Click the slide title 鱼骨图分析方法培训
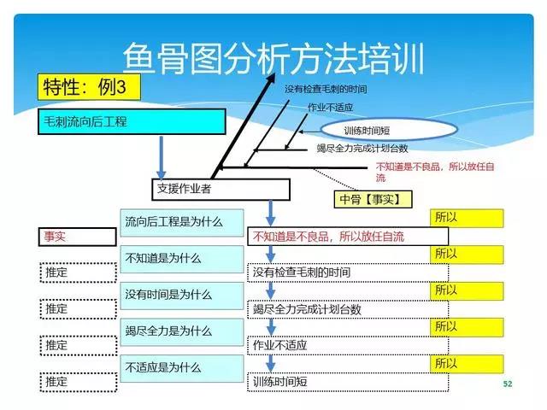click(273, 58)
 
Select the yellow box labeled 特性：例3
click(89, 87)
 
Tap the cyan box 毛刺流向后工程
click(132, 121)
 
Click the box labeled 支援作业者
click(221, 190)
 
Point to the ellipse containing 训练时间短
click(389, 130)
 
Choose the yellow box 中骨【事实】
click(373, 199)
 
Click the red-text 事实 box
click(77, 237)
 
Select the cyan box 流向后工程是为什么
click(182, 223)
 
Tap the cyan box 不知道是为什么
click(182, 259)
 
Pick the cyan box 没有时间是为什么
click(182, 296)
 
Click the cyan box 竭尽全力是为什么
click(182, 332)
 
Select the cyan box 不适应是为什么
click(182, 368)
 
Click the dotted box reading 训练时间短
click(348, 382)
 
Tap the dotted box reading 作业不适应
click(348, 346)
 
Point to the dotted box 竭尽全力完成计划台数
click(348, 309)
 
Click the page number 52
click(508, 384)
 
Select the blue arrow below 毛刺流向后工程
click(162, 157)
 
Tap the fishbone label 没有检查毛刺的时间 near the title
click(326, 89)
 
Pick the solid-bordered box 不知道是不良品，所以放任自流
click(348, 237)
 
